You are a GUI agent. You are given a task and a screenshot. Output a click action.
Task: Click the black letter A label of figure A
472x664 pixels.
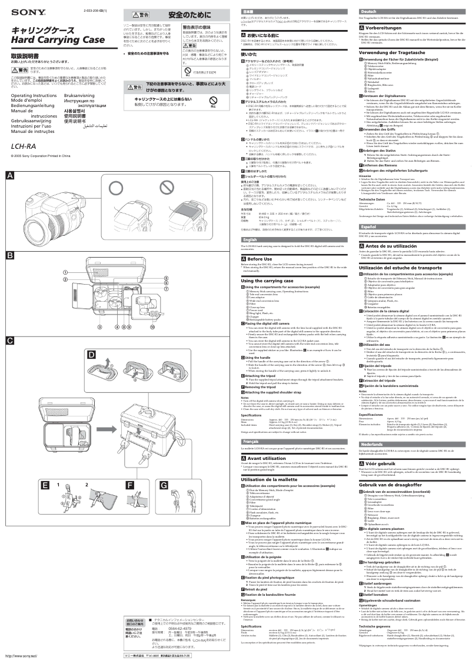10,176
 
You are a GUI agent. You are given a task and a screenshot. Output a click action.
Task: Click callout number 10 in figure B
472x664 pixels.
152,326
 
